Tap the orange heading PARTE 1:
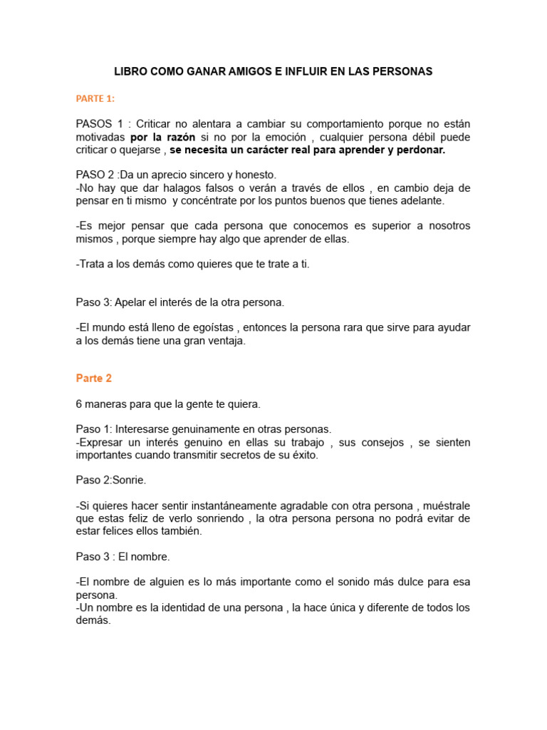(95, 98)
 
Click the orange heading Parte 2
(94, 379)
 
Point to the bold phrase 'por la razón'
(162, 137)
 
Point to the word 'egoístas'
(214, 328)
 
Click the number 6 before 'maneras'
(79, 404)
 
